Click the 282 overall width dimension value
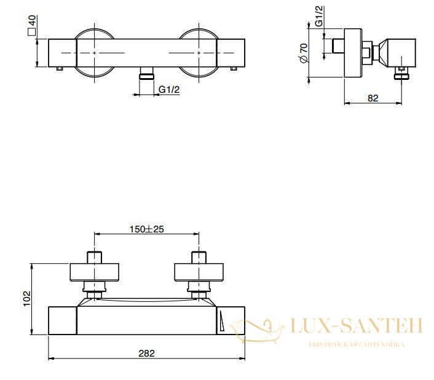(146, 353)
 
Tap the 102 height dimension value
(27, 298)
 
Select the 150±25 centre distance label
(147, 229)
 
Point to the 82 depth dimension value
(373, 98)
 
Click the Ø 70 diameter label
(304, 53)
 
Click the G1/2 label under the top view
(169, 89)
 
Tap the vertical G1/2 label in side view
(320, 16)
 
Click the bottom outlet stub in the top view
(147, 73)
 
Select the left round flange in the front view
(95, 272)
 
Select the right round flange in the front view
(199, 272)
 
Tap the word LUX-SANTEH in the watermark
(356, 325)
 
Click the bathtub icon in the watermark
(258, 331)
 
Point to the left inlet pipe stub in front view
(95, 257)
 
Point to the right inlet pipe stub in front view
(199, 257)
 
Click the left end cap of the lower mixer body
(63, 320)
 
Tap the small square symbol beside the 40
(32, 32)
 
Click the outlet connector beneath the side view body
(402, 73)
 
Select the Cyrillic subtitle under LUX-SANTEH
(356, 344)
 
